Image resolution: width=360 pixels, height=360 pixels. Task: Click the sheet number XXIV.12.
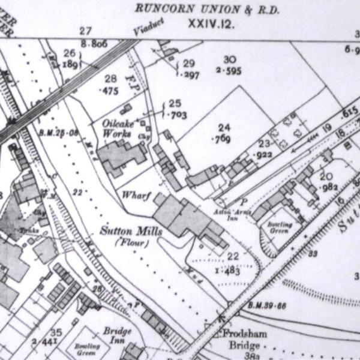tap(210, 24)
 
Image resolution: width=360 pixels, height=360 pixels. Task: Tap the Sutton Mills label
tap(124, 231)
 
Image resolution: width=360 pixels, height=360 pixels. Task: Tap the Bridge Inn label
tap(117, 335)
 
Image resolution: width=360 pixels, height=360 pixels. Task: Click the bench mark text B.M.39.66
tap(264, 306)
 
